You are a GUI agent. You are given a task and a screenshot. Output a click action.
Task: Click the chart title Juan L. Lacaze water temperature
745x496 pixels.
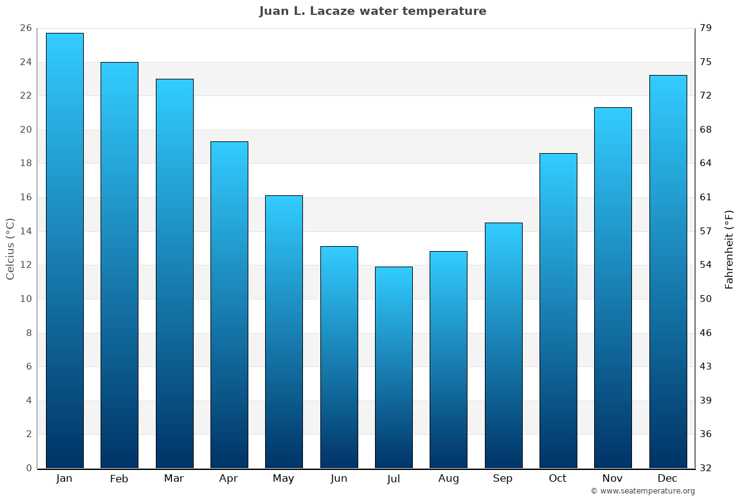click(372, 11)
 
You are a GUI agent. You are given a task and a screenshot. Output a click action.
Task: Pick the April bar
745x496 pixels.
click(229, 304)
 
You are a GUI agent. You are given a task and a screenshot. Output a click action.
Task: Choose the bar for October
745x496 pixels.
click(558, 310)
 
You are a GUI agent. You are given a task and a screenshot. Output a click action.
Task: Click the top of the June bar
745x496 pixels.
click(339, 247)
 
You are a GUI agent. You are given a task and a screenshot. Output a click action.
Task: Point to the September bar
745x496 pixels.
click(503, 345)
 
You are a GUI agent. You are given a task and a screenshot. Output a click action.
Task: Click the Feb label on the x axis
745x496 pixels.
click(119, 479)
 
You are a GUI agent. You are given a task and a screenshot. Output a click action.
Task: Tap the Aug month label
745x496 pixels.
click(448, 479)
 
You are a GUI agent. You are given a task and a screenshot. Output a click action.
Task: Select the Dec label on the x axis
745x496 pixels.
click(667, 479)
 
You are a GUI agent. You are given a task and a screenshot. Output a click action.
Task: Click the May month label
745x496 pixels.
click(284, 479)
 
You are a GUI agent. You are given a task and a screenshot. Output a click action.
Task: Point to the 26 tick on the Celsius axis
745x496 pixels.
click(25, 29)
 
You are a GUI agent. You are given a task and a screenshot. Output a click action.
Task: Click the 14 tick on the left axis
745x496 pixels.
click(25, 231)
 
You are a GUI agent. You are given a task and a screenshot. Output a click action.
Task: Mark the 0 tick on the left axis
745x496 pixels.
click(29, 468)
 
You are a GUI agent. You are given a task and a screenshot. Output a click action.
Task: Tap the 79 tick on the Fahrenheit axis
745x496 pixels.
click(707, 29)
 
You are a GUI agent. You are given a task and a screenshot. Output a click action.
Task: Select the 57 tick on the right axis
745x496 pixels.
click(707, 231)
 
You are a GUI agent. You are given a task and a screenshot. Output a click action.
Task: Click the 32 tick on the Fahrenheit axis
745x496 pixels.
click(707, 468)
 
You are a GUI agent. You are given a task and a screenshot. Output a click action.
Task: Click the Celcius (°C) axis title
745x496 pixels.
click(10, 249)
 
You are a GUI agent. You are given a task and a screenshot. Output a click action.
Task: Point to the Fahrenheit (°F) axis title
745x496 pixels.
click(729, 249)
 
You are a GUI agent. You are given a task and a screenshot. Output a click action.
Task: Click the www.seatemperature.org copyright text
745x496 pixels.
click(643, 491)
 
